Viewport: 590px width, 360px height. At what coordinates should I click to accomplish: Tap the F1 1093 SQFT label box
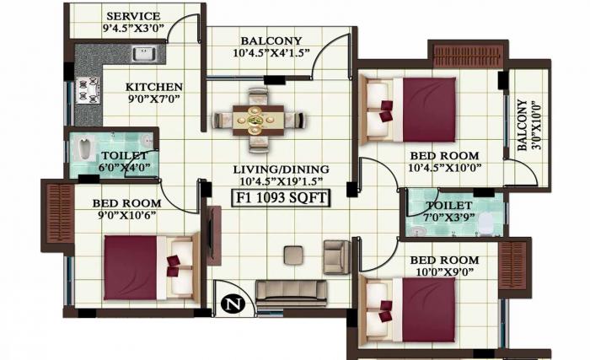[281, 198]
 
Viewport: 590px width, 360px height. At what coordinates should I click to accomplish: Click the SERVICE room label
[133, 16]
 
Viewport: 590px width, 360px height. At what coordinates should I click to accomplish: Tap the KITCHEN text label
[153, 87]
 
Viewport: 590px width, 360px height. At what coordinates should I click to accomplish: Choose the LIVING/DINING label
[281, 169]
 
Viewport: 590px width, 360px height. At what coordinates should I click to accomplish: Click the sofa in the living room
[292, 292]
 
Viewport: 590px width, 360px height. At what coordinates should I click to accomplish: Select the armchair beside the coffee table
[337, 256]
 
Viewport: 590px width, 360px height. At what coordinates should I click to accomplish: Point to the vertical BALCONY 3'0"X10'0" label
[526, 126]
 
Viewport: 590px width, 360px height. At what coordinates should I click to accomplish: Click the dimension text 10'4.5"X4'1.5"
[271, 53]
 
